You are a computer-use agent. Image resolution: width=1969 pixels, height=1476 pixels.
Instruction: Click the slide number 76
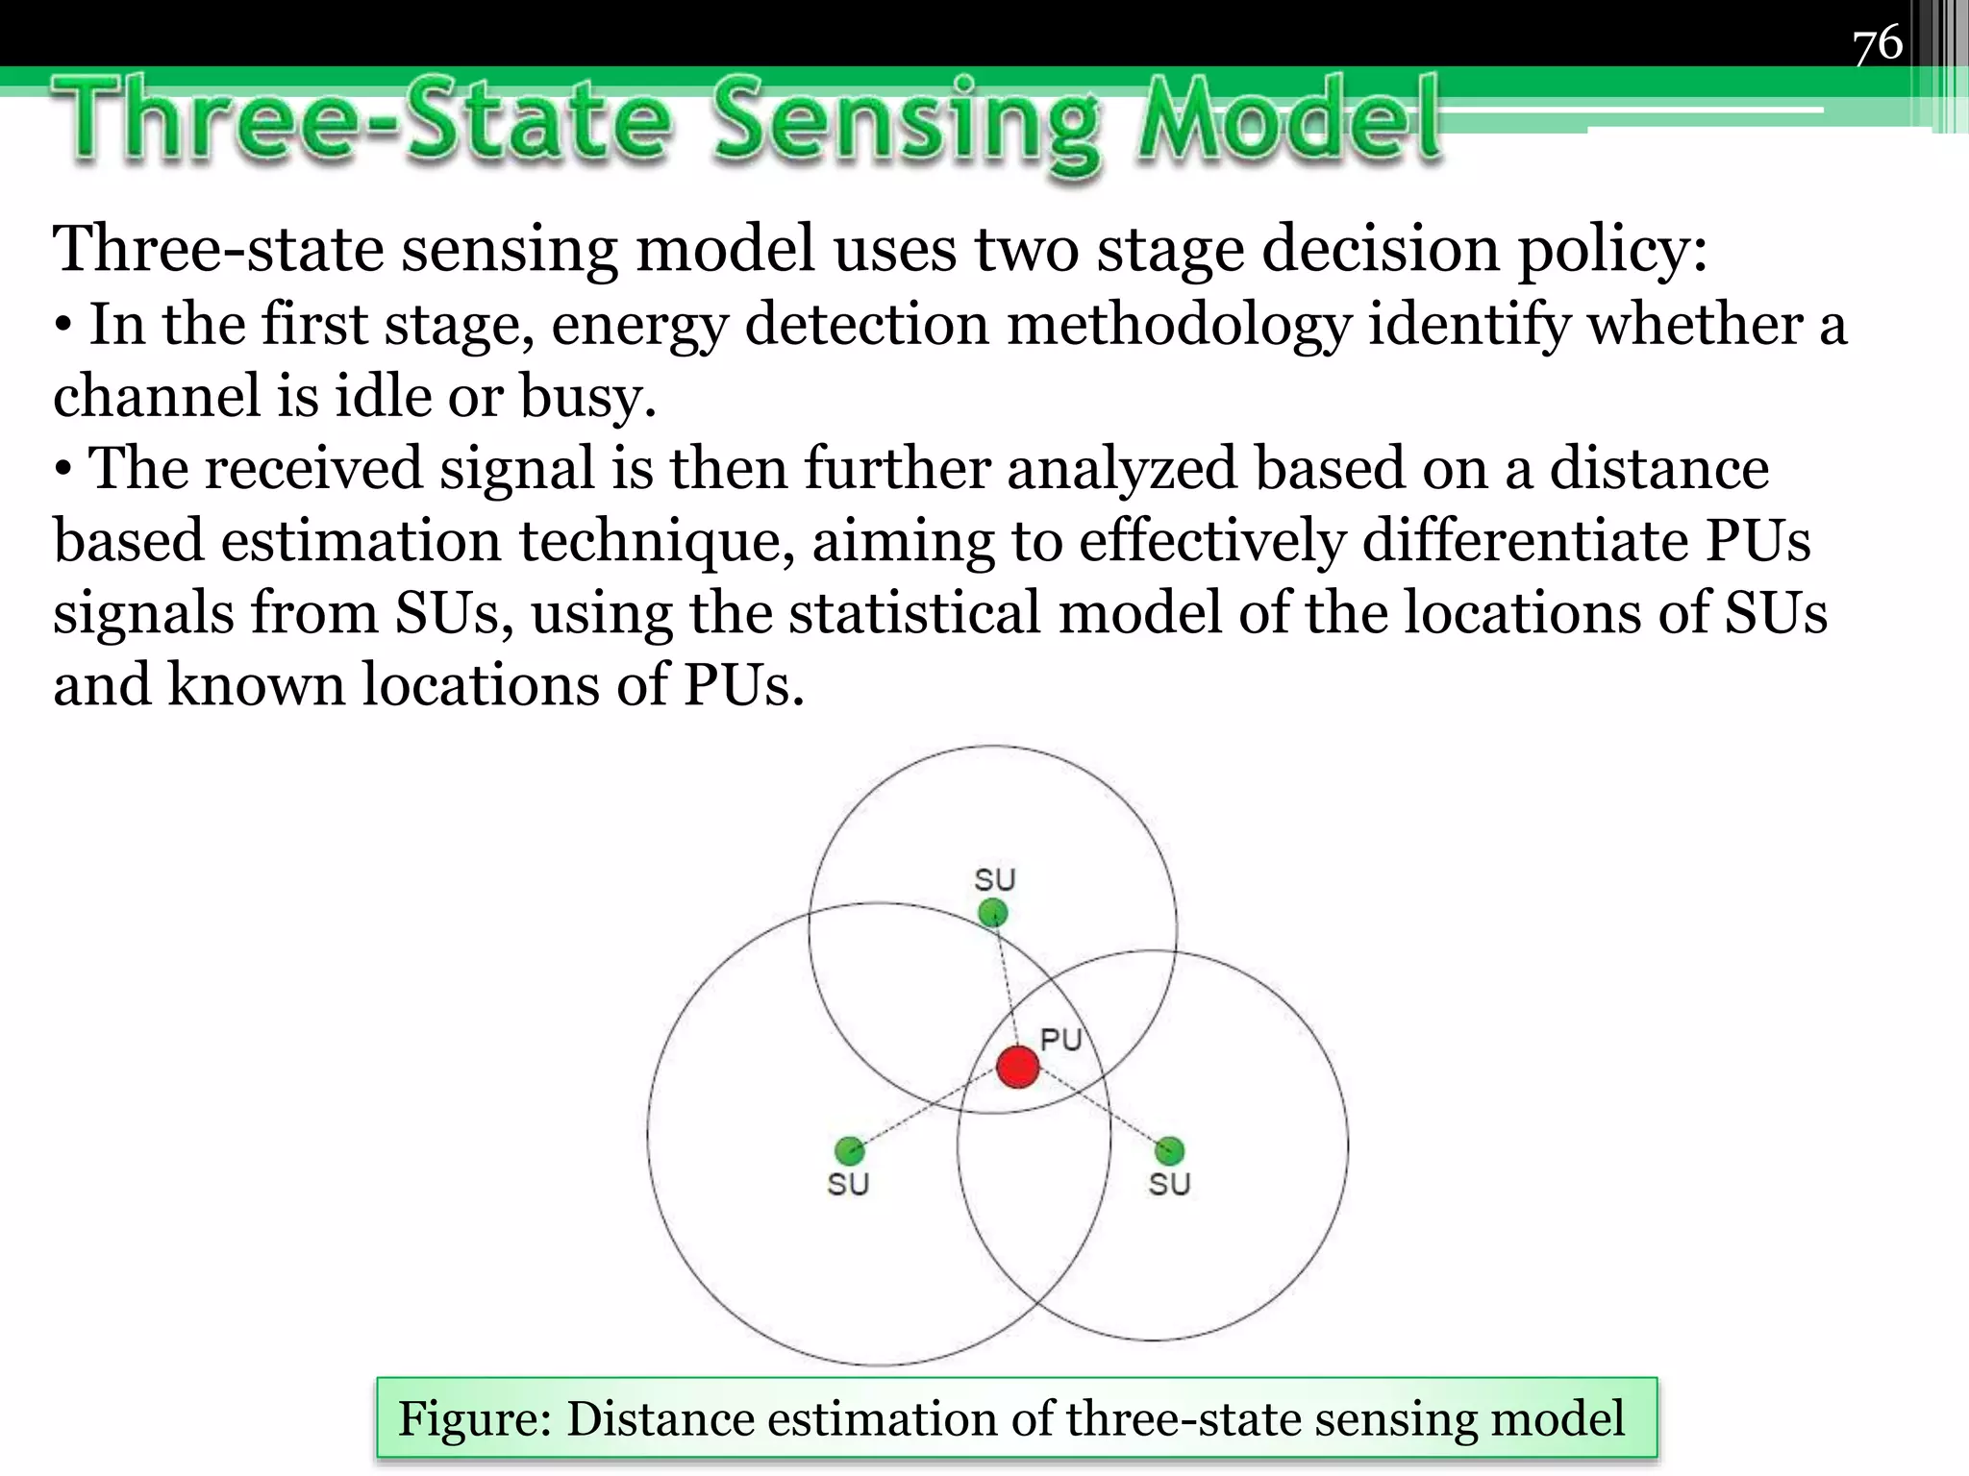pos(1877,44)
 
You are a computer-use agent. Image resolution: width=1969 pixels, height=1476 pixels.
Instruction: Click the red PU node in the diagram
pos(1017,1067)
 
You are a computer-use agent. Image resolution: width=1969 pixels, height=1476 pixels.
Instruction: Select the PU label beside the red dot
pos(1061,1039)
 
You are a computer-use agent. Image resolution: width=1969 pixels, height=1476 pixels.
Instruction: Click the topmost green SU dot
pos(993,912)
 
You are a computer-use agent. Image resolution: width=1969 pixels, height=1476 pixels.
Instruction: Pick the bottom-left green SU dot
pos(849,1150)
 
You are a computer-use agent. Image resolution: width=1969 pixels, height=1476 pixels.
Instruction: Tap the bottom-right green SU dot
pos(1169,1150)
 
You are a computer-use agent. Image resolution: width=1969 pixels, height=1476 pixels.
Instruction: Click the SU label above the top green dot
pos(995,879)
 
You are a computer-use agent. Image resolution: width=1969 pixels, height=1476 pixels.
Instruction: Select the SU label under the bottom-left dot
pos(848,1184)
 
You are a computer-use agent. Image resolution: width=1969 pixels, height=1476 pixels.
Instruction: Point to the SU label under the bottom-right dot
pos(1169,1184)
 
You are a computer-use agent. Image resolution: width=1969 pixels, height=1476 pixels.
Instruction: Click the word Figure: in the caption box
pos(475,1419)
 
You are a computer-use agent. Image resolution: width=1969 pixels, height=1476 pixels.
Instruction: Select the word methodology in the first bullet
pos(1179,324)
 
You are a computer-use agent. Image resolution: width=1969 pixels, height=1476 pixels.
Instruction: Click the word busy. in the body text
pos(587,396)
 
